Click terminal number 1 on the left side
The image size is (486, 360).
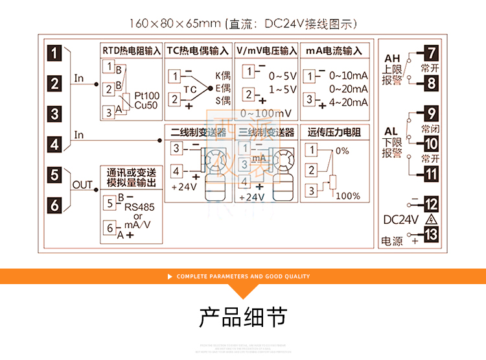[56, 53]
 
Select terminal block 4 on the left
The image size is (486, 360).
[56, 144]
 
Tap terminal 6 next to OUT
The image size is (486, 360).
[56, 205]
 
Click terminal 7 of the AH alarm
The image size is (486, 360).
[431, 53]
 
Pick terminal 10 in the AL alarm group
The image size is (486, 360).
[431, 144]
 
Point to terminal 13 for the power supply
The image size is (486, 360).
[431, 235]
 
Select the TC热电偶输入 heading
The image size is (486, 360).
[197, 51]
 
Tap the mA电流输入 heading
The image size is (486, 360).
[334, 51]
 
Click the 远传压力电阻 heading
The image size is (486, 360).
[334, 132]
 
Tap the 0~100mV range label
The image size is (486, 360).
[266, 114]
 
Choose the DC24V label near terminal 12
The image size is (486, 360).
[401, 219]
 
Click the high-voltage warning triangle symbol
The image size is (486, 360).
[429, 219]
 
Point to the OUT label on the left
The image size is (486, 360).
[82, 185]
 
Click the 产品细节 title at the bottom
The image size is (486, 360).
[242, 318]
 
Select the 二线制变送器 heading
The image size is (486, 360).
[197, 132]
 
